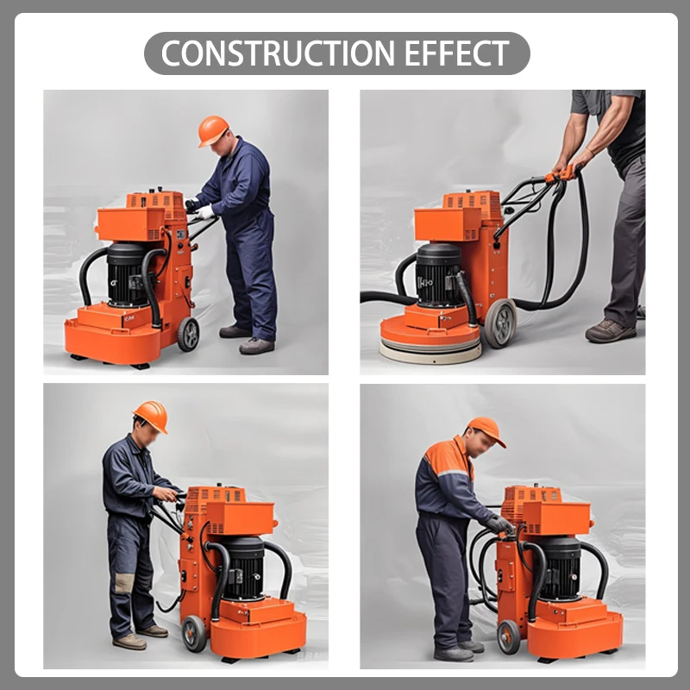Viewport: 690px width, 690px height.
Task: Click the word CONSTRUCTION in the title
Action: point(278,53)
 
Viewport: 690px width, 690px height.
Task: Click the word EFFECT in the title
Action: point(457,53)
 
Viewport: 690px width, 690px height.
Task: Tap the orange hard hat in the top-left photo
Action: point(213,130)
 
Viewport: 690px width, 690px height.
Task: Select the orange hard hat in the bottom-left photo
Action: point(151,416)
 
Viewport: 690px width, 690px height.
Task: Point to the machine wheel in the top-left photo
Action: point(188,334)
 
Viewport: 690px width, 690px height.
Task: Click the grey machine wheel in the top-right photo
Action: point(500,323)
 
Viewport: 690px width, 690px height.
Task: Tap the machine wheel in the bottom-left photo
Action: point(194,633)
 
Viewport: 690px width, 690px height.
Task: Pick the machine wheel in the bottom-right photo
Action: point(509,637)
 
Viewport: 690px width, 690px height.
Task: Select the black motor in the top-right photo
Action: point(439,274)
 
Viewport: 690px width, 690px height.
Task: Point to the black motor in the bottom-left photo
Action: point(243,568)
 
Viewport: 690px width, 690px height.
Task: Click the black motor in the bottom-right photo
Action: point(559,568)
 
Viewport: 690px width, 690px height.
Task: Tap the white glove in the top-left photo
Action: point(204,212)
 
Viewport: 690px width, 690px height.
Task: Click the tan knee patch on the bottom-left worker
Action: point(123,583)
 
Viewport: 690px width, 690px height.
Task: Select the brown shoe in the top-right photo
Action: point(611,331)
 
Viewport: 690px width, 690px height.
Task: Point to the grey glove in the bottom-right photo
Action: point(499,524)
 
